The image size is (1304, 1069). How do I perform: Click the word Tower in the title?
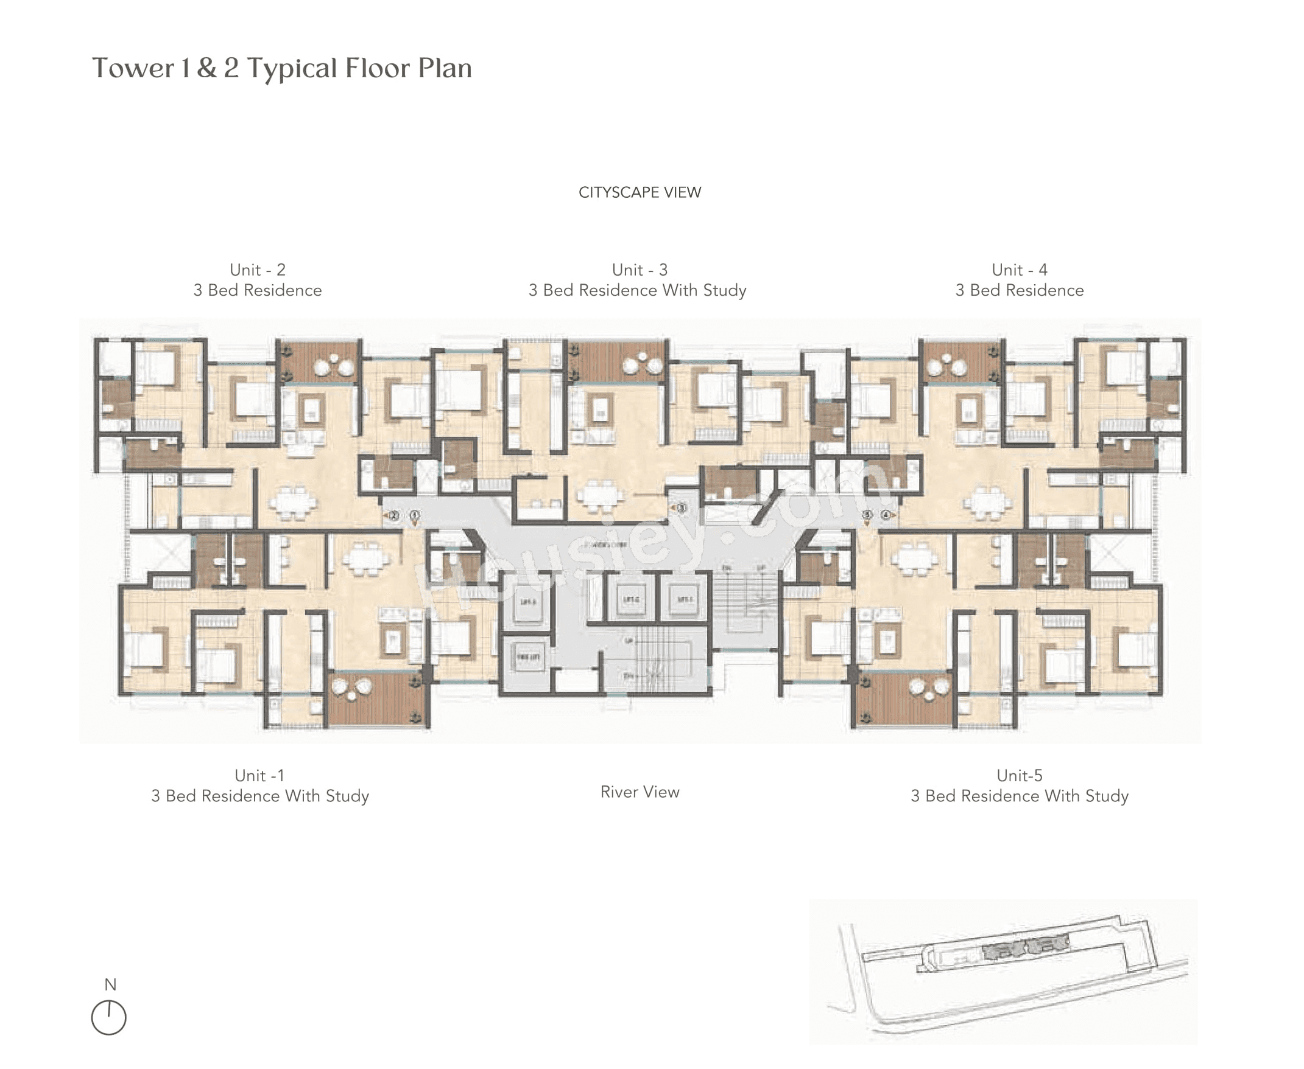point(133,68)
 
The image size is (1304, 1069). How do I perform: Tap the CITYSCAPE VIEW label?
point(639,193)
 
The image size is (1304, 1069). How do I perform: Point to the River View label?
point(639,792)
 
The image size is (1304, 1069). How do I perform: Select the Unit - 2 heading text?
point(257,270)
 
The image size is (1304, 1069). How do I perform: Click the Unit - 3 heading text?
point(639,270)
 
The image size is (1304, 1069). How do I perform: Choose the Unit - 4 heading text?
point(1019,270)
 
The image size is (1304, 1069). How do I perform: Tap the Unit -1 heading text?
point(259,775)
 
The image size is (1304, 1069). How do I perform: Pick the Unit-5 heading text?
point(1020,775)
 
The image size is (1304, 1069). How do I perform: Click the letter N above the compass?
point(110,984)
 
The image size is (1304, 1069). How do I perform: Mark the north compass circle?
point(109,1017)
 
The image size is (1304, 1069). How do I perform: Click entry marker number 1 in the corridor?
point(415,515)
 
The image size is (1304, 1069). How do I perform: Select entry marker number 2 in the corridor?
point(394,515)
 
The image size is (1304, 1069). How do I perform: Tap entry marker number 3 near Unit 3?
point(681,508)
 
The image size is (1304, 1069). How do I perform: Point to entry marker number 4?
point(886,515)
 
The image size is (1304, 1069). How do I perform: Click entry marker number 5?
point(867,515)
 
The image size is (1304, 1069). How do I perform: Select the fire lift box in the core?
point(527,657)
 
